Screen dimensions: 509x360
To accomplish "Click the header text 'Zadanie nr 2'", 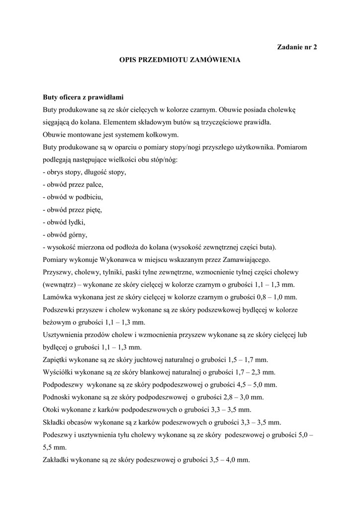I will (296, 47).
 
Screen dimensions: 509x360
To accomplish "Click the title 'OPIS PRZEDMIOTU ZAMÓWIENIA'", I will (180, 60).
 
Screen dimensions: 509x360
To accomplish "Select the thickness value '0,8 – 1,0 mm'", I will (276, 298).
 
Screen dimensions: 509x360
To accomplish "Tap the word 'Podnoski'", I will (56, 398).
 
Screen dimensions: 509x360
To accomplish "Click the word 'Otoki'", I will (51, 410).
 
